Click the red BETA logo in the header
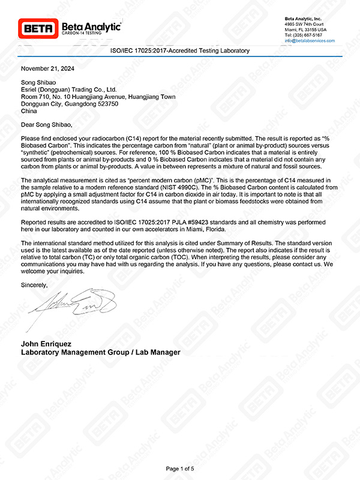(38, 28)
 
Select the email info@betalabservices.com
(310, 40)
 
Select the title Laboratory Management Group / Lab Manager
(100, 352)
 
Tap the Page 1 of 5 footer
(179, 468)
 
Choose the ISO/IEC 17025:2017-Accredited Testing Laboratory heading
(180, 51)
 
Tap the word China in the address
(29, 111)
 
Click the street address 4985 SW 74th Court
(306, 24)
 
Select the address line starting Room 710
(98, 96)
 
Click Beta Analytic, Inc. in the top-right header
(304, 19)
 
